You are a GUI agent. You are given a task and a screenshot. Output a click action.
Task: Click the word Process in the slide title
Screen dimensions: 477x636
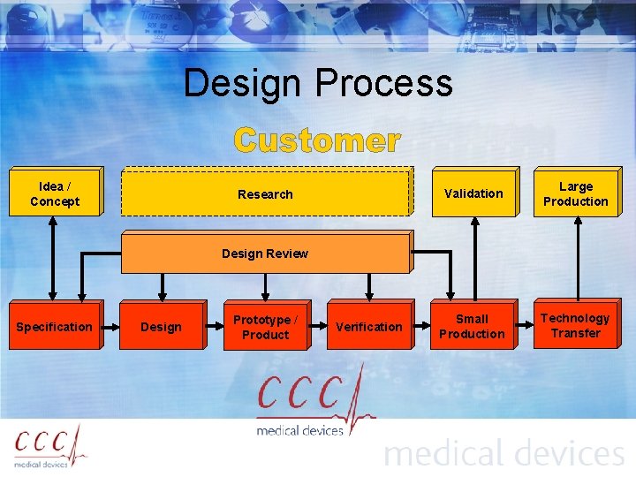click(383, 85)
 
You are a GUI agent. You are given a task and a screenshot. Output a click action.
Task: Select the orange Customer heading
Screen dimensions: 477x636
click(317, 140)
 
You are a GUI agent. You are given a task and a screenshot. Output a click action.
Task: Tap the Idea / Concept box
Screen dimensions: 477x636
click(55, 193)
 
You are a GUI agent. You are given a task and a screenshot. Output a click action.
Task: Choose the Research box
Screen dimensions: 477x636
click(265, 193)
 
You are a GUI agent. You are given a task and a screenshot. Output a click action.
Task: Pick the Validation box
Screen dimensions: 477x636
click(473, 193)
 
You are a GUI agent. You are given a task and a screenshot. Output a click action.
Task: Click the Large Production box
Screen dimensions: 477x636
click(576, 193)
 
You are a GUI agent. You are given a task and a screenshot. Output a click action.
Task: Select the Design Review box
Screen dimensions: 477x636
click(265, 254)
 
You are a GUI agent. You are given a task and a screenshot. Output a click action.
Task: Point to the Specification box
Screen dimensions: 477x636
click(54, 327)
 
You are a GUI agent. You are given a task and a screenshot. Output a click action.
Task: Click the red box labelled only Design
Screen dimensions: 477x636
click(162, 327)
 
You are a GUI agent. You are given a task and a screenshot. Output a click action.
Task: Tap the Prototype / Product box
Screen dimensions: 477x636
click(265, 327)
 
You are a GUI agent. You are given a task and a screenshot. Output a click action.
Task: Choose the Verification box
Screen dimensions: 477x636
click(369, 327)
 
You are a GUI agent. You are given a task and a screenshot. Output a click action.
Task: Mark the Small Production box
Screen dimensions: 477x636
click(472, 327)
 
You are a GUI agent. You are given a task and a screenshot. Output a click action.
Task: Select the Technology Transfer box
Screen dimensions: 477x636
click(576, 326)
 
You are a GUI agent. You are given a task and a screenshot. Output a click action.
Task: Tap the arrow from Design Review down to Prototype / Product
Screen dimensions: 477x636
click(265, 288)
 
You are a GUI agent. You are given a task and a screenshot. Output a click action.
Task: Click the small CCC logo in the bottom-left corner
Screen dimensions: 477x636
click(50, 446)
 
